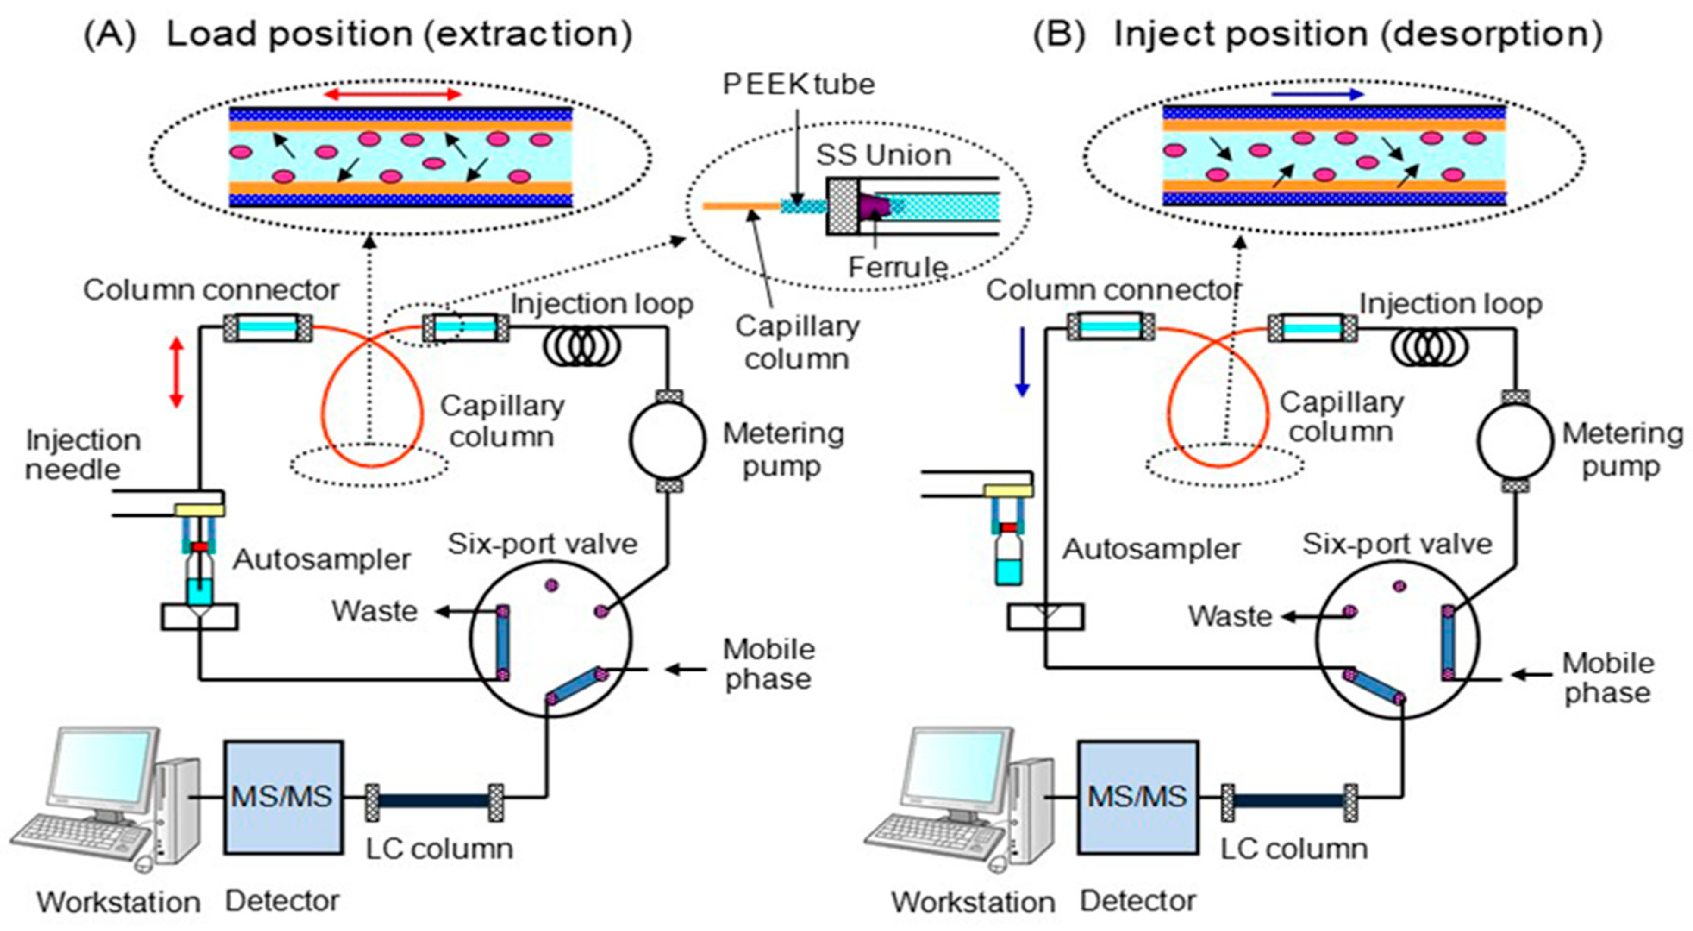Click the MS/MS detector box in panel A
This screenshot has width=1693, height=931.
tap(283, 797)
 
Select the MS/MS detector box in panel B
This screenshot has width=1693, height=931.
tap(1137, 797)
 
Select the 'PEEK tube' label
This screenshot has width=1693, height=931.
tap(799, 84)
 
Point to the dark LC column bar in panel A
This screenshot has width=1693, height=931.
tap(434, 801)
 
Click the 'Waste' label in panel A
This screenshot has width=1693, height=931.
tap(375, 611)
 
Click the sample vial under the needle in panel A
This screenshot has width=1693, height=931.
tap(200, 579)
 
